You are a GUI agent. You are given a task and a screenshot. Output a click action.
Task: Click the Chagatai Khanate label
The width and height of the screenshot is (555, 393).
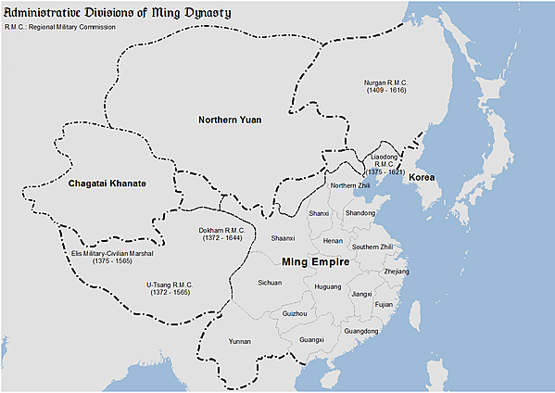(107, 184)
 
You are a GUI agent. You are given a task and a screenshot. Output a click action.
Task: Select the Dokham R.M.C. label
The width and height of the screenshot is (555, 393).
(221, 235)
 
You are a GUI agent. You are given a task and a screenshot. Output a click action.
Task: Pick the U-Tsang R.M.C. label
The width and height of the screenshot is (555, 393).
(170, 287)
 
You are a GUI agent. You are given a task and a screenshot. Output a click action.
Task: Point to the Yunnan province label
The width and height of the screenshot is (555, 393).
(240, 341)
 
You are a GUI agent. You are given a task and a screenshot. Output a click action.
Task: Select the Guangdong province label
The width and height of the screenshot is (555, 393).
(360, 331)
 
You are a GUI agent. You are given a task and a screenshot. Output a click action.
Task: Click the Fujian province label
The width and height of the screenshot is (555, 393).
(385, 304)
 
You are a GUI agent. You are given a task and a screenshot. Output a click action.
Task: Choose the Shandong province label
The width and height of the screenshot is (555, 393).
(360, 213)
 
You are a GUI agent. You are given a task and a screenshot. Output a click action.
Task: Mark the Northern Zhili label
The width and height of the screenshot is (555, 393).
(350, 185)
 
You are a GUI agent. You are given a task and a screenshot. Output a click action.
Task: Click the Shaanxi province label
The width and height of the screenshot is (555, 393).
(283, 238)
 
